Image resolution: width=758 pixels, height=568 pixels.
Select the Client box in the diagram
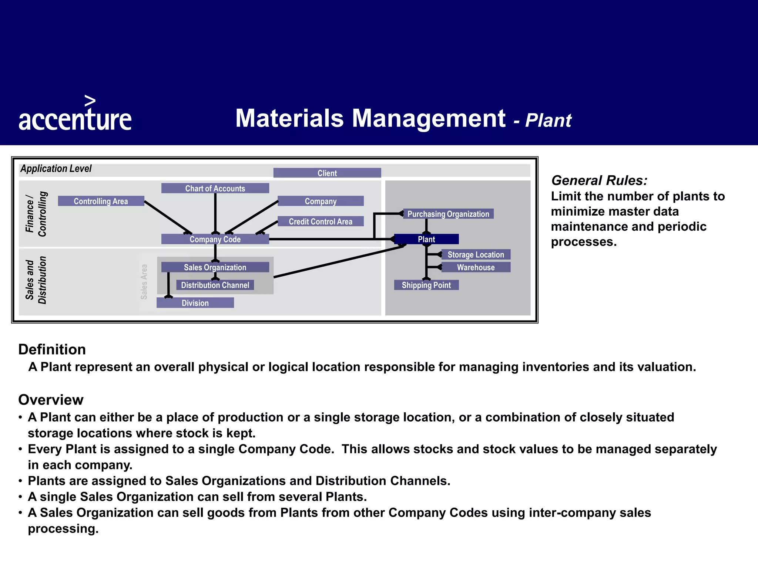pyautogui.click(x=327, y=173)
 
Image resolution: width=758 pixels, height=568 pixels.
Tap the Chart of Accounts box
pyautogui.click(x=215, y=188)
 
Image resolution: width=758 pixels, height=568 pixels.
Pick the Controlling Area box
pyautogui.click(x=101, y=201)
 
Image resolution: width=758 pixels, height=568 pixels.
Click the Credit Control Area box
pyautogui.click(x=321, y=222)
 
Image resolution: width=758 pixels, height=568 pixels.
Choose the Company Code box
pyautogui.click(x=215, y=239)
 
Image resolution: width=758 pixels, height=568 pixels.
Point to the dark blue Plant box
pyautogui.click(x=426, y=239)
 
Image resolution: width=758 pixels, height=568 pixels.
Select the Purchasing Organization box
pyautogui.click(x=448, y=214)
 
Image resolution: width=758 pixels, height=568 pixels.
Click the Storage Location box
pyautogui.click(x=476, y=255)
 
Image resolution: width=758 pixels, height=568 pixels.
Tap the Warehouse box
pyautogui.click(x=476, y=267)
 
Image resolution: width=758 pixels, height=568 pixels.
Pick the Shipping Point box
pyautogui.click(x=426, y=285)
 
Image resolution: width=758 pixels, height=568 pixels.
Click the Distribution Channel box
pyautogui.click(x=215, y=285)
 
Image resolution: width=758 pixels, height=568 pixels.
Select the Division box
pyautogui.click(x=195, y=303)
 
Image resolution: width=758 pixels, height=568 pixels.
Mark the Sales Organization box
pyautogui.click(x=215, y=267)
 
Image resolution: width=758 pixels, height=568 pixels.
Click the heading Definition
pyautogui.click(x=52, y=349)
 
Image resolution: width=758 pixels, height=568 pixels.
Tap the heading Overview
pyautogui.click(x=51, y=400)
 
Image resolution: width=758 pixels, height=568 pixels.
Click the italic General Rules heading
pyautogui.click(x=599, y=180)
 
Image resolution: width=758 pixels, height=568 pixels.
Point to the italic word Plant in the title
pyautogui.click(x=548, y=121)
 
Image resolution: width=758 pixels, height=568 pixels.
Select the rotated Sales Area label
pyautogui.click(x=144, y=281)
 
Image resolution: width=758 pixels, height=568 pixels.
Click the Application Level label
pyautogui.click(x=56, y=169)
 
